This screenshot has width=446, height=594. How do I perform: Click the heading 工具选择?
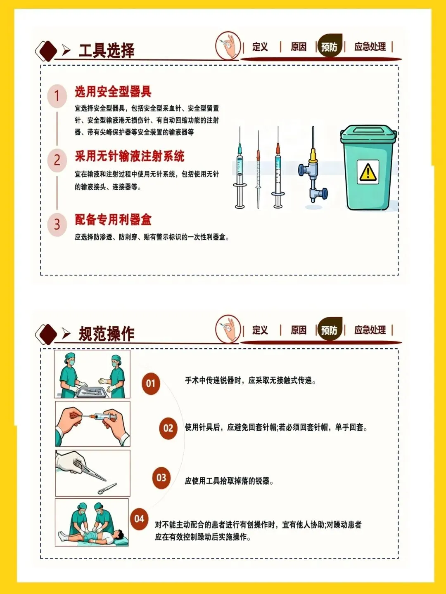pyautogui.click(x=107, y=50)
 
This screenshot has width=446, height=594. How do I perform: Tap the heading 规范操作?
pyautogui.click(x=107, y=334)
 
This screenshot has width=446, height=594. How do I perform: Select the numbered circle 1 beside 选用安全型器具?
pyautogui.click(x=57, y=96)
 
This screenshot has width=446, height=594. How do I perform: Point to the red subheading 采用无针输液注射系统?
pyautogui.click(x=129, y=156)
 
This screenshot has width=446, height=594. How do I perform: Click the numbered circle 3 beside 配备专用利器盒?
pyautogui.click(x=57, y=224)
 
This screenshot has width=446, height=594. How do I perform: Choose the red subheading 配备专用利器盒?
pyautogui.click(x=113, y=220)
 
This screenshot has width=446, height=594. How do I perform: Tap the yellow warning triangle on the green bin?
pyautogui.click(x=368, y=172)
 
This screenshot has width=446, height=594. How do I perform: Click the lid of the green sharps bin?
pyautogui.click(x=368, y=134)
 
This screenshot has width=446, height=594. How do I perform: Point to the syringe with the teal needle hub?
pyautogui.click(x=240, y=168)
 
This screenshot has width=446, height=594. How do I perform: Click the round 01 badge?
pyautogui.click(x=151, y=384)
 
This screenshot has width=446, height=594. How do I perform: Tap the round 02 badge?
pyautogui.click(x=168, y=428)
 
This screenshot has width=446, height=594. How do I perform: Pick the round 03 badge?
pyautogui.click(x=161, y=478)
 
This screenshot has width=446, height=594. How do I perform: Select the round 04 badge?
pyautogui.click(x=139, y=519)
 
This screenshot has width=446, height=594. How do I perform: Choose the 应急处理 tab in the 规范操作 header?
pyautogui.click(x=370, y=330)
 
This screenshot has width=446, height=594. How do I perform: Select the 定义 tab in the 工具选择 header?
pyautogui.click(x=260, y=47)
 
